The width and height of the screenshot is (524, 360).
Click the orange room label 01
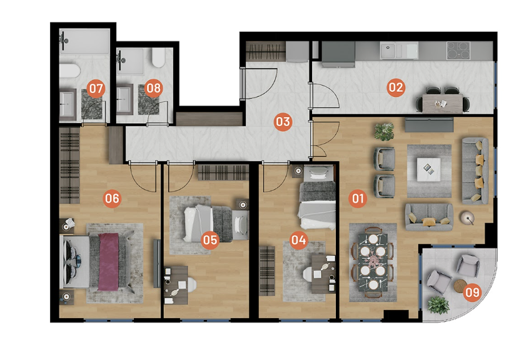(x=358, y=199)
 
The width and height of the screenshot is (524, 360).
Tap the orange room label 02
(x=396, y=87)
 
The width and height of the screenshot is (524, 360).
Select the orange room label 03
(x=283, y=122)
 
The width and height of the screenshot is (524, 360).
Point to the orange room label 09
(x=472, y=292)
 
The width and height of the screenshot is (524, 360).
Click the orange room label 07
(x=96, y=89)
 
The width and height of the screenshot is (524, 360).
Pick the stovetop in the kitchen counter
(x=458, y=51)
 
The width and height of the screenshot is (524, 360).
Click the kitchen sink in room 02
(x=399, y=51)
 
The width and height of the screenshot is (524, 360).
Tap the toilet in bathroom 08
(x=158, y=57)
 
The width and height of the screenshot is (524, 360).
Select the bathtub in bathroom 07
(x=69, y=71)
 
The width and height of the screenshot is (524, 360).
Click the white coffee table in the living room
(x=429, y=169)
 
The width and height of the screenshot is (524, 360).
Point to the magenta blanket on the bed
(x=108, y=261)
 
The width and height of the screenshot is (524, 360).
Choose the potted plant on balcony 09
(x=438, y=305)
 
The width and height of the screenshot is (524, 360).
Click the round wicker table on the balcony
(x=460, y=286)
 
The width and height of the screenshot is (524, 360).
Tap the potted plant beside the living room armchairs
(x=384, y=131)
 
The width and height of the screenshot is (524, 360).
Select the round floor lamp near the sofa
(x=467, y=218)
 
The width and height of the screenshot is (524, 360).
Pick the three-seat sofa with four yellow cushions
(x=475, y=171)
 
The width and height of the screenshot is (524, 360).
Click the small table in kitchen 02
(x=442, y=104)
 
